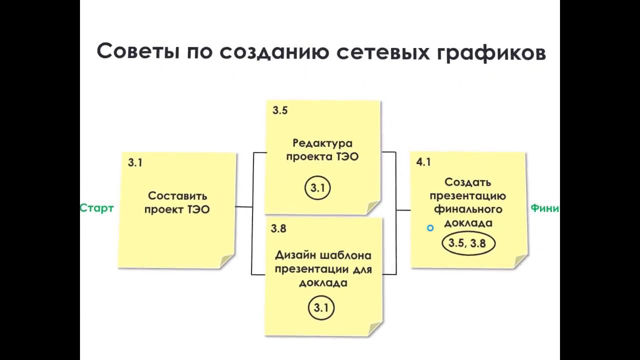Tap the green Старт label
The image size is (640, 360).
pos(96,208)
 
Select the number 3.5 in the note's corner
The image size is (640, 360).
pos(280,111)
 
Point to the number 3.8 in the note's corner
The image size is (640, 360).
pos(278,228)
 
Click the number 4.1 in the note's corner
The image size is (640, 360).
pos(423,162)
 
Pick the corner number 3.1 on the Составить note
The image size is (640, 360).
pos(135,162)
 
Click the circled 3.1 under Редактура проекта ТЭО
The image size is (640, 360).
pos(317,188)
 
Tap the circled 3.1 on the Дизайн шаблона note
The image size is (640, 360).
pos(320,307)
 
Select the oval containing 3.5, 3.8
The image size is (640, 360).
pos(468,243)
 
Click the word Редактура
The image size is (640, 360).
pos(322,143)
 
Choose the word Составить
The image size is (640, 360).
pos(177,196)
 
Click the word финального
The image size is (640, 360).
pos(468,209)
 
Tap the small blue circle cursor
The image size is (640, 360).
pos(430,228)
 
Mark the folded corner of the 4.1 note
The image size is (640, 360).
pos(520,261)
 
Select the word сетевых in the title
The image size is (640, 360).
pos(369,51)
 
